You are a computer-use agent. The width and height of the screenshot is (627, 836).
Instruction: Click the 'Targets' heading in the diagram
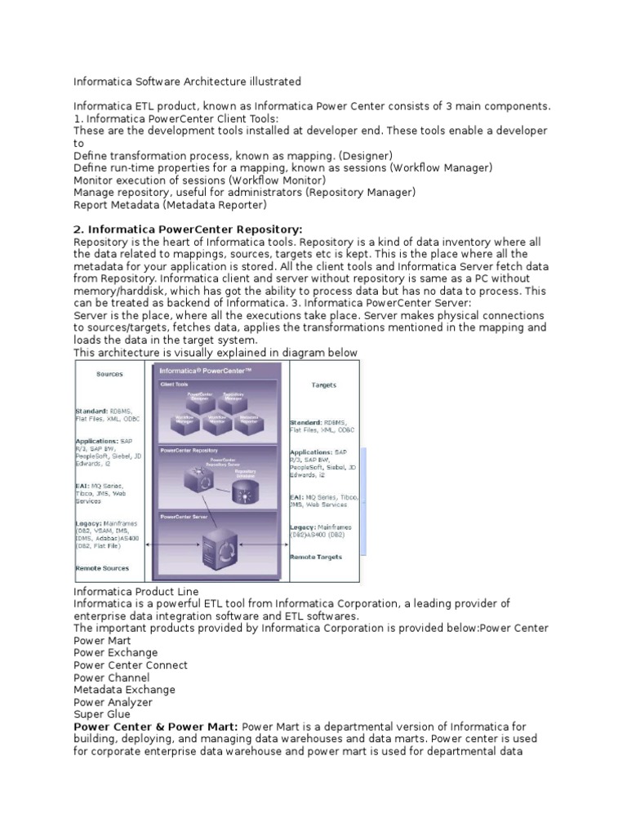pos(323,385)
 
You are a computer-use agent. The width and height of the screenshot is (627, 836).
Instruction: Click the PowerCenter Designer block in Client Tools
pos(199,398)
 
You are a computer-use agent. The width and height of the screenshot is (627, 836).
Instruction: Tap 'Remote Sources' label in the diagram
pos(102,567)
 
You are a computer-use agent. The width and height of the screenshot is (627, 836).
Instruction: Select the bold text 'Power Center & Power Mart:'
pos(156,726)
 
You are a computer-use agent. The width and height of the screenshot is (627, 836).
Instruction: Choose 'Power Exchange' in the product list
pos(116,652)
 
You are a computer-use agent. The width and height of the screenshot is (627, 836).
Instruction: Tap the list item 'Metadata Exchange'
pos(124,689)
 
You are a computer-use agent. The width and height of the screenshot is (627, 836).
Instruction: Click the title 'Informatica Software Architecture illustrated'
pos(188,82)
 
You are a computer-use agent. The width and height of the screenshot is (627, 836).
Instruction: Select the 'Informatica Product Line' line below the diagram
pos(136,591)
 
